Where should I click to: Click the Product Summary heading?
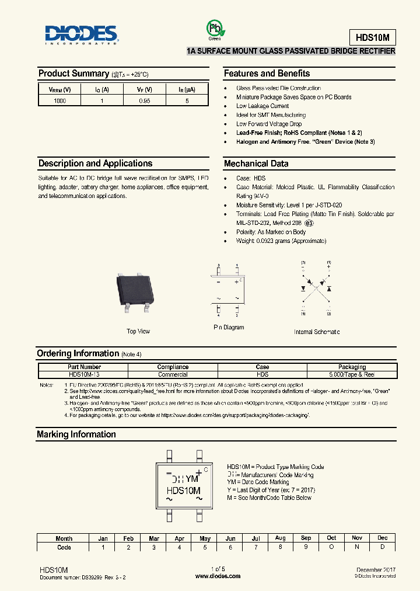point(73,74)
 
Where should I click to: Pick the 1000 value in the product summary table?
point(60,101)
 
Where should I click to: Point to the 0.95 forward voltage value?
point(144,101)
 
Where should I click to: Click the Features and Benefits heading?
point(267,74)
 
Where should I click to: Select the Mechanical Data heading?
point(256,164)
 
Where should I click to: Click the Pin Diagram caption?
point(229,328)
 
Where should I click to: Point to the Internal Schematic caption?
point(316,332)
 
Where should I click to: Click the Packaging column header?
point(352,367)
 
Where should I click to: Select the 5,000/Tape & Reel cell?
point(352,374)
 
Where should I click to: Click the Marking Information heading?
point(76,434)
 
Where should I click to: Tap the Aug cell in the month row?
point(280,538)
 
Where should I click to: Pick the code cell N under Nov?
point(356,547)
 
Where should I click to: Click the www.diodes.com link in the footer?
point(218,576)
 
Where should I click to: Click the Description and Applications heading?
point(95,164)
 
